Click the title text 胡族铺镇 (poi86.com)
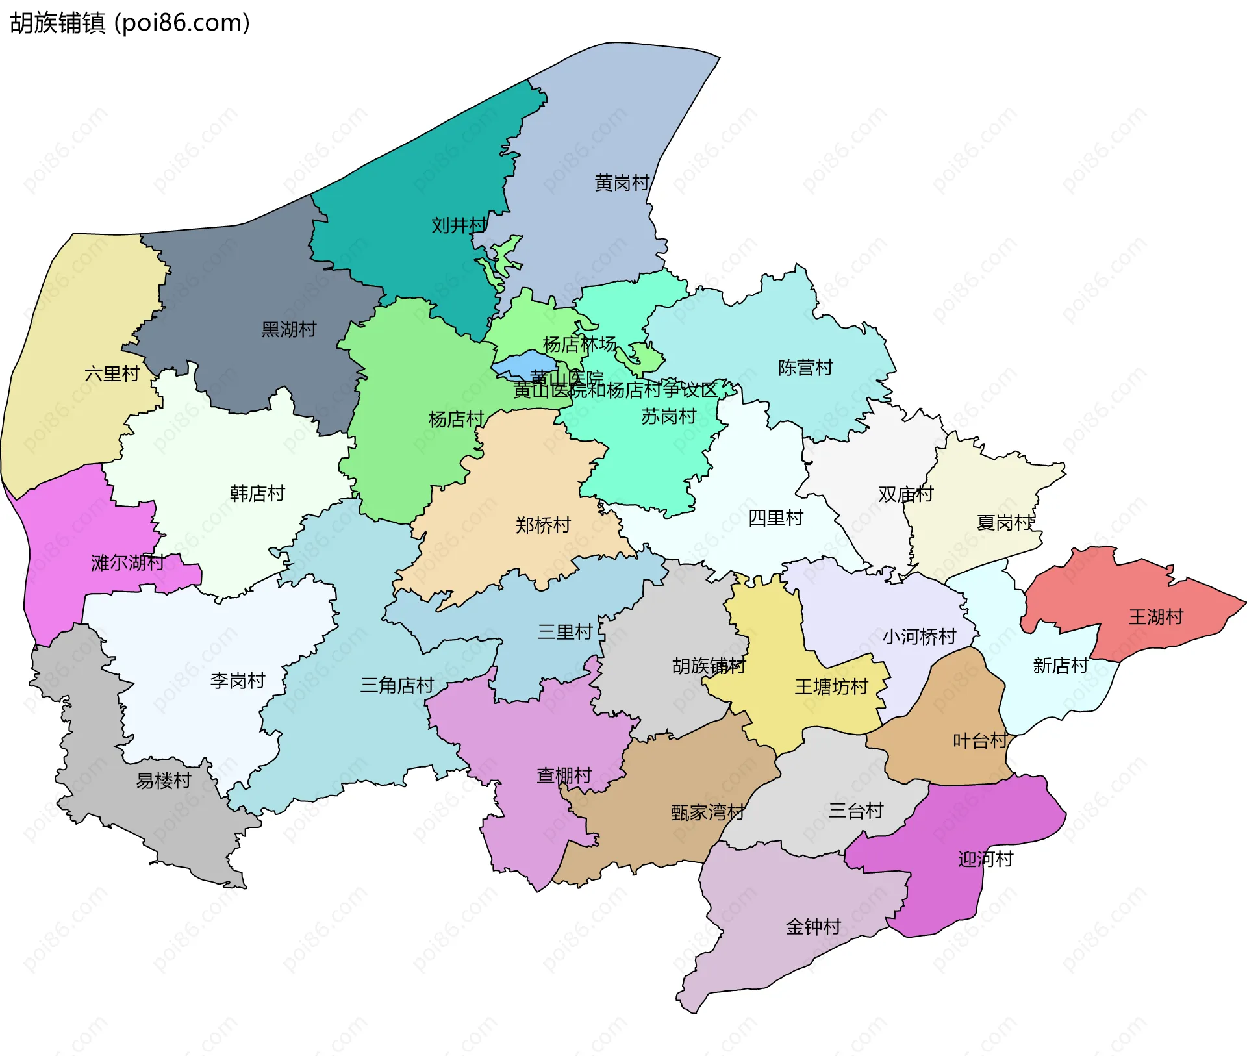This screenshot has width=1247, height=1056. (x=130, y=23)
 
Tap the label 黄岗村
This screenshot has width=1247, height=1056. (x=622, y=183)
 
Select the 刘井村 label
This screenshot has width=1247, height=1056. (x=459, y=225)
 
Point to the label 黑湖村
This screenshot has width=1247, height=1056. (x=288, y=329)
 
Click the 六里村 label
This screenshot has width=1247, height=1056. (x=112, y=374)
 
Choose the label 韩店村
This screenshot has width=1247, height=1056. (x=257, y=494)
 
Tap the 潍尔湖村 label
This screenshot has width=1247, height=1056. (x=127, y=562)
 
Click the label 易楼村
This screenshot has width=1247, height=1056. (x=163, y=781)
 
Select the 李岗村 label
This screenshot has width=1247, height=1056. (x=238, y=681)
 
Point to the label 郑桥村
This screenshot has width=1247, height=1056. (x=543, y=525)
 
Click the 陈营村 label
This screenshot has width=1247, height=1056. (x=805, y=368)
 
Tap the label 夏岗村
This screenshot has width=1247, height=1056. (x=1004, y=522)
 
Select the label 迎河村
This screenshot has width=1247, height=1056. (x=985, y=859)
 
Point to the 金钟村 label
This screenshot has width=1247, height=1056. (x=813, y=927)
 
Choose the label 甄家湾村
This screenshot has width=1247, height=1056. (x=707, y=812)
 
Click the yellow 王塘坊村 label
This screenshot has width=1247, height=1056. (x=831, y=686)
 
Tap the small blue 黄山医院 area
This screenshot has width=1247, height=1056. (x=525, y=364)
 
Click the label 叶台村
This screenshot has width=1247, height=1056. (x=979, y=740)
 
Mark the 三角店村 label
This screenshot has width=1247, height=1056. (x=397, y=685)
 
